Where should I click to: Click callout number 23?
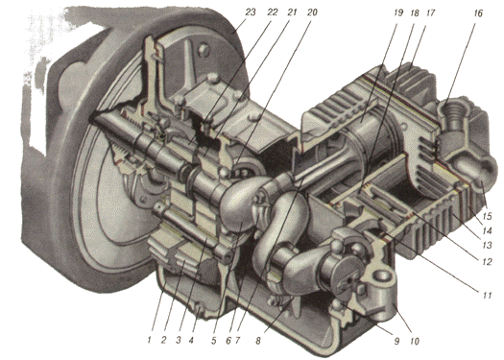pos(251,12)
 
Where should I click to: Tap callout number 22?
pos(273,12)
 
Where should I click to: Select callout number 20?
pos(311,12)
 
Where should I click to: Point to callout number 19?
pos(397,12)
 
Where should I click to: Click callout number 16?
pos(478,13)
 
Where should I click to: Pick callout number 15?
pos(488,216)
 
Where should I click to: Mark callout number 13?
pos(488,245)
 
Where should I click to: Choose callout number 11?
pos(488,295)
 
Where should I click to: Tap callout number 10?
pos(415,341)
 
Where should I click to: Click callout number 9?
pos(396,341)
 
